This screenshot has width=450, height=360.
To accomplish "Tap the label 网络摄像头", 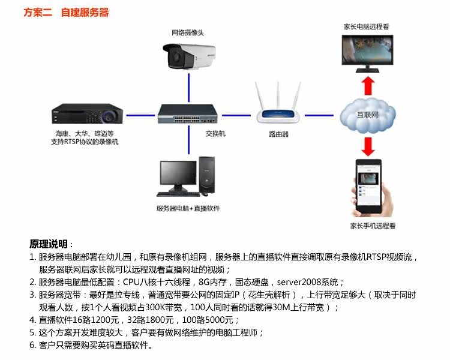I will [188, 32].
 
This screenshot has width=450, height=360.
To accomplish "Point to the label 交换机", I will [215, 133].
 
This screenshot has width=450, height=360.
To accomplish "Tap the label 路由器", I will [278, 134].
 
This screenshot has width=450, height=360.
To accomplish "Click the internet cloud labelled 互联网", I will [367, 113].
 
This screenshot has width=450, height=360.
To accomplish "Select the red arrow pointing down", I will [368, 145].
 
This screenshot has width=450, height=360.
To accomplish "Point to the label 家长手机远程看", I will [373, 226].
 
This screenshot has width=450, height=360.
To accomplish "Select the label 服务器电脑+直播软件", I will [188, 208].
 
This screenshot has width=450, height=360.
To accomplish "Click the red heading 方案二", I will [37, 12].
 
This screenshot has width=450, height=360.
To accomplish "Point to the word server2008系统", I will [308, 281].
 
